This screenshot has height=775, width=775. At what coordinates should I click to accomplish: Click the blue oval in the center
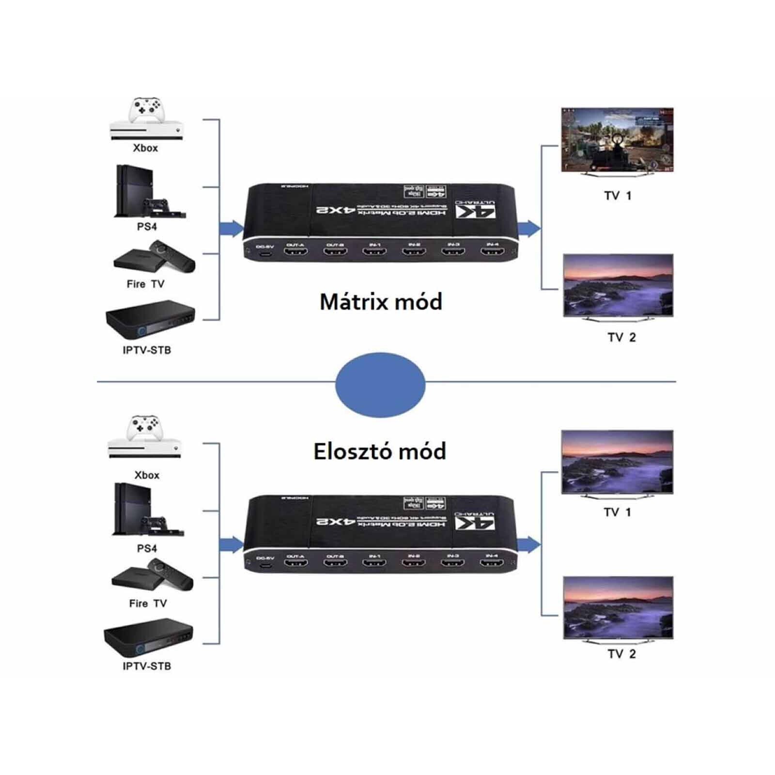(x=380, y=385)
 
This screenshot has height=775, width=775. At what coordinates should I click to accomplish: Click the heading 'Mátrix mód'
(x=381, y=302)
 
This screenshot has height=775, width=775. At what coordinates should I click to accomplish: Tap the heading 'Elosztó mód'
(x=380, y=451)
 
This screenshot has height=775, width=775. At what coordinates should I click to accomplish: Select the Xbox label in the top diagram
(x=145, y=148)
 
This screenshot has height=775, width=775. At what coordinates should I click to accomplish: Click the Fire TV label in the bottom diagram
(x=148, y=604)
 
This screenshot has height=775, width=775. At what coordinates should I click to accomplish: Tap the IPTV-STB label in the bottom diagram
(x=147, y=666)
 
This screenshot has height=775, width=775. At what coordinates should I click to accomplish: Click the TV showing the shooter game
(x=617, y=140)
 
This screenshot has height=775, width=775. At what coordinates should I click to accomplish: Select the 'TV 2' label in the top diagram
(x=621, y=338)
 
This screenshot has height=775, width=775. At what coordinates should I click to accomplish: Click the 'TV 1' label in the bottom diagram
(x=617, y=512)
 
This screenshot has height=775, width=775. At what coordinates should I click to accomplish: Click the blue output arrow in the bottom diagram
(x=528, y=545)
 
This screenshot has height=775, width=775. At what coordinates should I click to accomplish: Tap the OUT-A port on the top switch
(x=295, y=252)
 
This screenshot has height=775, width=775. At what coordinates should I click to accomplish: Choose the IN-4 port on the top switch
(x=492, y=251)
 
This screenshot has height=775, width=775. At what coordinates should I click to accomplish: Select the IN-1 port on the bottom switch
(x=374, y=563)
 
